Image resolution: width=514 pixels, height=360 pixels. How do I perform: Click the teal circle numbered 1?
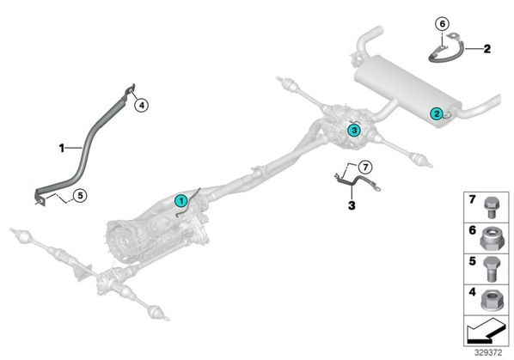(181, 201)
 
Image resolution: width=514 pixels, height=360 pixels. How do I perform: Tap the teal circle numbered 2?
(437, 114)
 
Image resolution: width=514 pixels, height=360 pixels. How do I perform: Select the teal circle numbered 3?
(354, 131)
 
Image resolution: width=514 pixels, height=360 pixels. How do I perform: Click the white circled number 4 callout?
(142, 106)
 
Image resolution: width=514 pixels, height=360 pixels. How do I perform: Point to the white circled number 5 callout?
(80, 196)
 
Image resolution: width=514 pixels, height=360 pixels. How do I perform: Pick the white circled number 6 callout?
(443, 23)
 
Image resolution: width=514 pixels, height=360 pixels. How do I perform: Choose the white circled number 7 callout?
(365, 168)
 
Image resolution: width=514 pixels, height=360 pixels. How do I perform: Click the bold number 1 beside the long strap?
(62, 149)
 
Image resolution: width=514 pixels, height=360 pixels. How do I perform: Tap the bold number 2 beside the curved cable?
(487, 49)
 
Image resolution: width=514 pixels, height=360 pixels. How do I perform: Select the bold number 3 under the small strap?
(352, 205)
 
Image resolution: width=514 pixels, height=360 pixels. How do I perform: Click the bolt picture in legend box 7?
(492, 207)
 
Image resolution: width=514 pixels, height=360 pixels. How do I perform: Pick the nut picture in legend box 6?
(492, 239)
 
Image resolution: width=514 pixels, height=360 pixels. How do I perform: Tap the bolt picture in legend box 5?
(492, 269)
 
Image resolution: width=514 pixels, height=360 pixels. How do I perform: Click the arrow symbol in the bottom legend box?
(486, 331)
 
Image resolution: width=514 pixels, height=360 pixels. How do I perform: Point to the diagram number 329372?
(488, 353)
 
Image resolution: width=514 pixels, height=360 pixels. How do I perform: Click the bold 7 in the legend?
(472, 199)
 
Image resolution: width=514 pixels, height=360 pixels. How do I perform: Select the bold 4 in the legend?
(472, 292)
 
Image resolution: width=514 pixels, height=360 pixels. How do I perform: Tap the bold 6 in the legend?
(472, 230)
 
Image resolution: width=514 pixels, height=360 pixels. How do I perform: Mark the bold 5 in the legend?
(472, 261)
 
